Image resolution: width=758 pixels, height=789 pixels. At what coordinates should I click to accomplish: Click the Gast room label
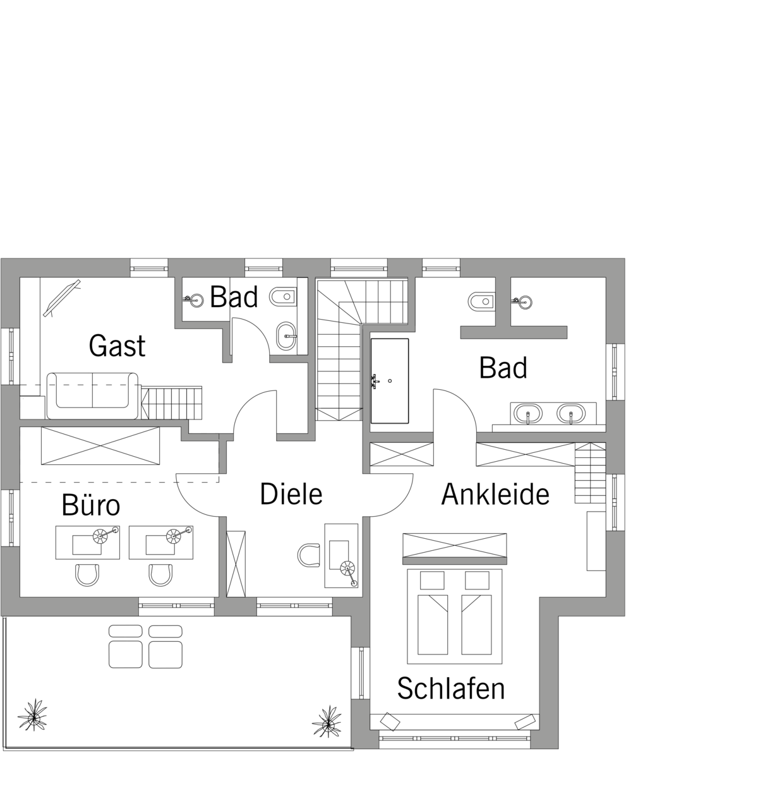pos(117,346)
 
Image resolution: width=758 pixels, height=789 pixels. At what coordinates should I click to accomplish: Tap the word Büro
pos(91,505)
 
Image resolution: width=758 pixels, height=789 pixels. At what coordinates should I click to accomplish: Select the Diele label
pos(291,494)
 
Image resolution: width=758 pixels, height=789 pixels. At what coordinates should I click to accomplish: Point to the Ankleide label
pos(495,494)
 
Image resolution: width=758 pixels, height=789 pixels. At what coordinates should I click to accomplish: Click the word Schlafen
pos(451,688)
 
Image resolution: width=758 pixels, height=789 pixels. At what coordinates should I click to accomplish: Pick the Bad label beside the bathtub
pos(503,367)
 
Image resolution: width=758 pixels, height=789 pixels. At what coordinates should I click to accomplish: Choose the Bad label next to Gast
pos(234,297)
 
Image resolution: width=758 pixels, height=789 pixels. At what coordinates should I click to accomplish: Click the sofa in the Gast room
pos(92,395)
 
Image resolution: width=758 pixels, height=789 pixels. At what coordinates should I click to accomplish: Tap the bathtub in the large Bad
pos(390,381)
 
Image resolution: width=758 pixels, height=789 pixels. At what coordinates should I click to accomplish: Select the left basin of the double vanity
pos(528,414)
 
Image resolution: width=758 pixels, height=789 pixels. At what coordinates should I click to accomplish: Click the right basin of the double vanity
pos(571,414)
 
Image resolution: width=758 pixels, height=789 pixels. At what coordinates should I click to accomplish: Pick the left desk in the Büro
pos(88,543)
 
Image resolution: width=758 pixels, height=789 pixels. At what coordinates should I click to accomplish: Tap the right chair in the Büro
pos(160,575)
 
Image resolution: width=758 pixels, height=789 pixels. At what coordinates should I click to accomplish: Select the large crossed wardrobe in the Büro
pos(100,445)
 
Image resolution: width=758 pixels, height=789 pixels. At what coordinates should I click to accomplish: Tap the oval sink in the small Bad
pos(286,336)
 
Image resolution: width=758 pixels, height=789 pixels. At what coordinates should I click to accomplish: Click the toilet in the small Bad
pos(283,297)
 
